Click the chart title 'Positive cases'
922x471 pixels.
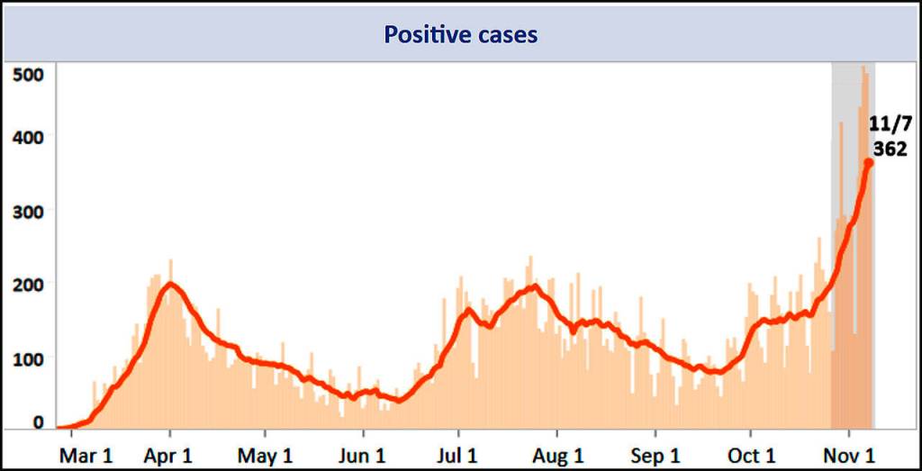(x=460, y=35)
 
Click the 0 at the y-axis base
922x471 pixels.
(x=38, y=421)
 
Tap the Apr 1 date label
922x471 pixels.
(x=168, y=456)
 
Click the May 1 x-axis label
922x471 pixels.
(x=265, y=456)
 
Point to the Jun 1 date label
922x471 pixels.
(x=361, y=456)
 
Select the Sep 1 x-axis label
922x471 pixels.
(x=655, y=456)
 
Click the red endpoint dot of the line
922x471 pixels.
(x=869, y=163)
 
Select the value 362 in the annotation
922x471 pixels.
(x=890, y=149)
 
